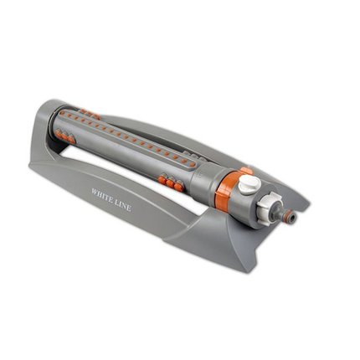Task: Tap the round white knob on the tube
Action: [249, 184]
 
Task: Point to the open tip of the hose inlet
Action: [292, 217]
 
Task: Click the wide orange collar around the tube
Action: [225, 189]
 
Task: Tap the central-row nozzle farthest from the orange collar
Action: [64, 114]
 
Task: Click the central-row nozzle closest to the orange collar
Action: [185, 162]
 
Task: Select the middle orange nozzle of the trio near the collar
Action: [170, 183]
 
